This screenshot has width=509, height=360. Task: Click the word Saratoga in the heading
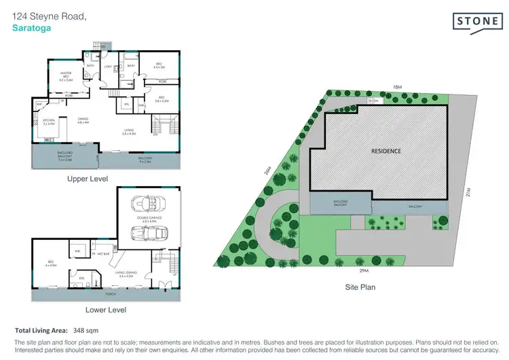[x=31, y=29]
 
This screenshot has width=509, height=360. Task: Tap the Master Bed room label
[x=66, y=76]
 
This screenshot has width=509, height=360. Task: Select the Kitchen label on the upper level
[x=49, y=122]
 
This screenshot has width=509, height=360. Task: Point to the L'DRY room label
[x=107, y=66]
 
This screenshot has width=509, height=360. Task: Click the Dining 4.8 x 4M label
[x=83, y=121]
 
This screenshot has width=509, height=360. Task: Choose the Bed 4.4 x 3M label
[x=159, y=66]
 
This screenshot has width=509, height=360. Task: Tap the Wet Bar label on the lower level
[x=104, y=253]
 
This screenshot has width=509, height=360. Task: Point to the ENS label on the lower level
[x=81, y=278]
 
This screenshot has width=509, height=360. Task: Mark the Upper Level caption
[x=87, y=179]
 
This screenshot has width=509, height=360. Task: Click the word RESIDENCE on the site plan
[x=385, y=151]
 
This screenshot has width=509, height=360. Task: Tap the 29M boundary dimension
[x=364, y=271]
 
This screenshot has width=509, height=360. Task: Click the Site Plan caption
[x=359, y=287]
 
